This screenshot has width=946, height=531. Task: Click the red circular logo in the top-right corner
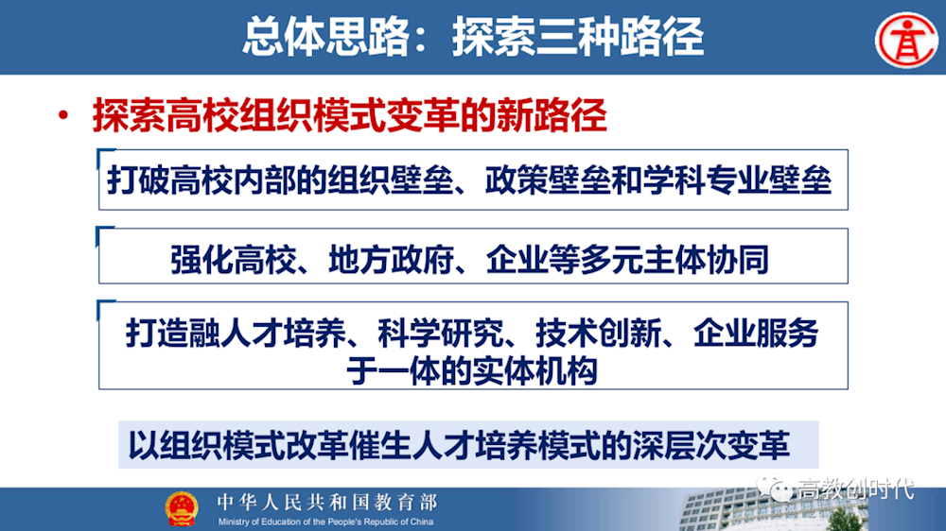906,40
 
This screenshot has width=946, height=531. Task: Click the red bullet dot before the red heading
63,115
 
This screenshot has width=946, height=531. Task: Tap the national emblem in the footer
182,508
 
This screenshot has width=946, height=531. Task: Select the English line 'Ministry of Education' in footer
325,522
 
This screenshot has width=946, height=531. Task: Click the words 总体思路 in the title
326,38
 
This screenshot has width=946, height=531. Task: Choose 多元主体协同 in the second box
674,259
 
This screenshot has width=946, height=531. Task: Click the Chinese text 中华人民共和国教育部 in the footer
327,502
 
